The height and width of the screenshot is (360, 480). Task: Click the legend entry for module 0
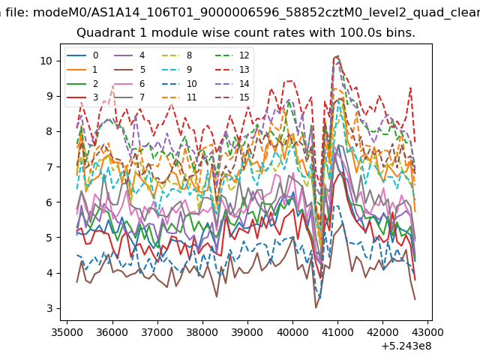tap(82, 55)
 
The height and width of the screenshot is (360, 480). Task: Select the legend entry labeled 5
tap(130, 70)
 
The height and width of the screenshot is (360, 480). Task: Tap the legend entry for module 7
tap(130, 97)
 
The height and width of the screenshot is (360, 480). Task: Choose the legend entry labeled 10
tap(179, 83)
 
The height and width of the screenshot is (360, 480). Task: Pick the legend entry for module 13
tap(232, 70)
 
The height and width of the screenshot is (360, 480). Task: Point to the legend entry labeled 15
tap(232, 97)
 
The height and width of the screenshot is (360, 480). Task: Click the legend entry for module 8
tap(177, 55)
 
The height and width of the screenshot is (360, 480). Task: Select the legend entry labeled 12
tap(232, 55)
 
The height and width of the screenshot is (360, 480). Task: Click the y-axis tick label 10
tap(46, 61)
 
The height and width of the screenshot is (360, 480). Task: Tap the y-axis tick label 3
tap(49, 308)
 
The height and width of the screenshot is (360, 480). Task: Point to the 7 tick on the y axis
tap(49, 166)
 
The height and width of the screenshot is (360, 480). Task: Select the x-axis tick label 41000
tap(337, 332)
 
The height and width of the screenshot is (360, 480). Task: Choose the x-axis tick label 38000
tap(202, 332)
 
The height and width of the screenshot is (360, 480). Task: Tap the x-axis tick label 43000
tap(427, 332)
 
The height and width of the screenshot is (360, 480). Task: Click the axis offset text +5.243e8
tap(406, 346)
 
